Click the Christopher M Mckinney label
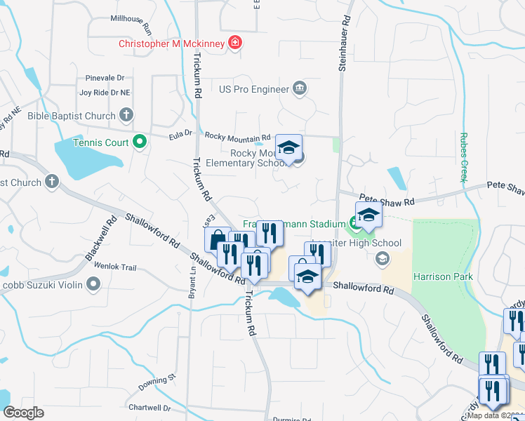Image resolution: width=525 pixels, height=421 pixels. (x=171, y=44)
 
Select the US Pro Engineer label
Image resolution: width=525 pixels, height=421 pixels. (x=254, y=89)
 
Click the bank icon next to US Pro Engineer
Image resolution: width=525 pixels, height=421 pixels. (x=300, y=88)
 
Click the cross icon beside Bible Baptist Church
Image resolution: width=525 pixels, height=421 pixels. (x=126, y=115)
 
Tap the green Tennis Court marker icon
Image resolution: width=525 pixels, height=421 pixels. (x=139, y=142)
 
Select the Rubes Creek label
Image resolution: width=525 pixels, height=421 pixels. (x=463, y=157)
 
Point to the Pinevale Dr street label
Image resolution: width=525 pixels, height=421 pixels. (x=105, y=78)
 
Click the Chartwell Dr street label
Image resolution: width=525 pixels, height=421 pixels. (x=149, y=408)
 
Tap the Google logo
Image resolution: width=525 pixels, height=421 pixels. (x=23, y=413)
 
